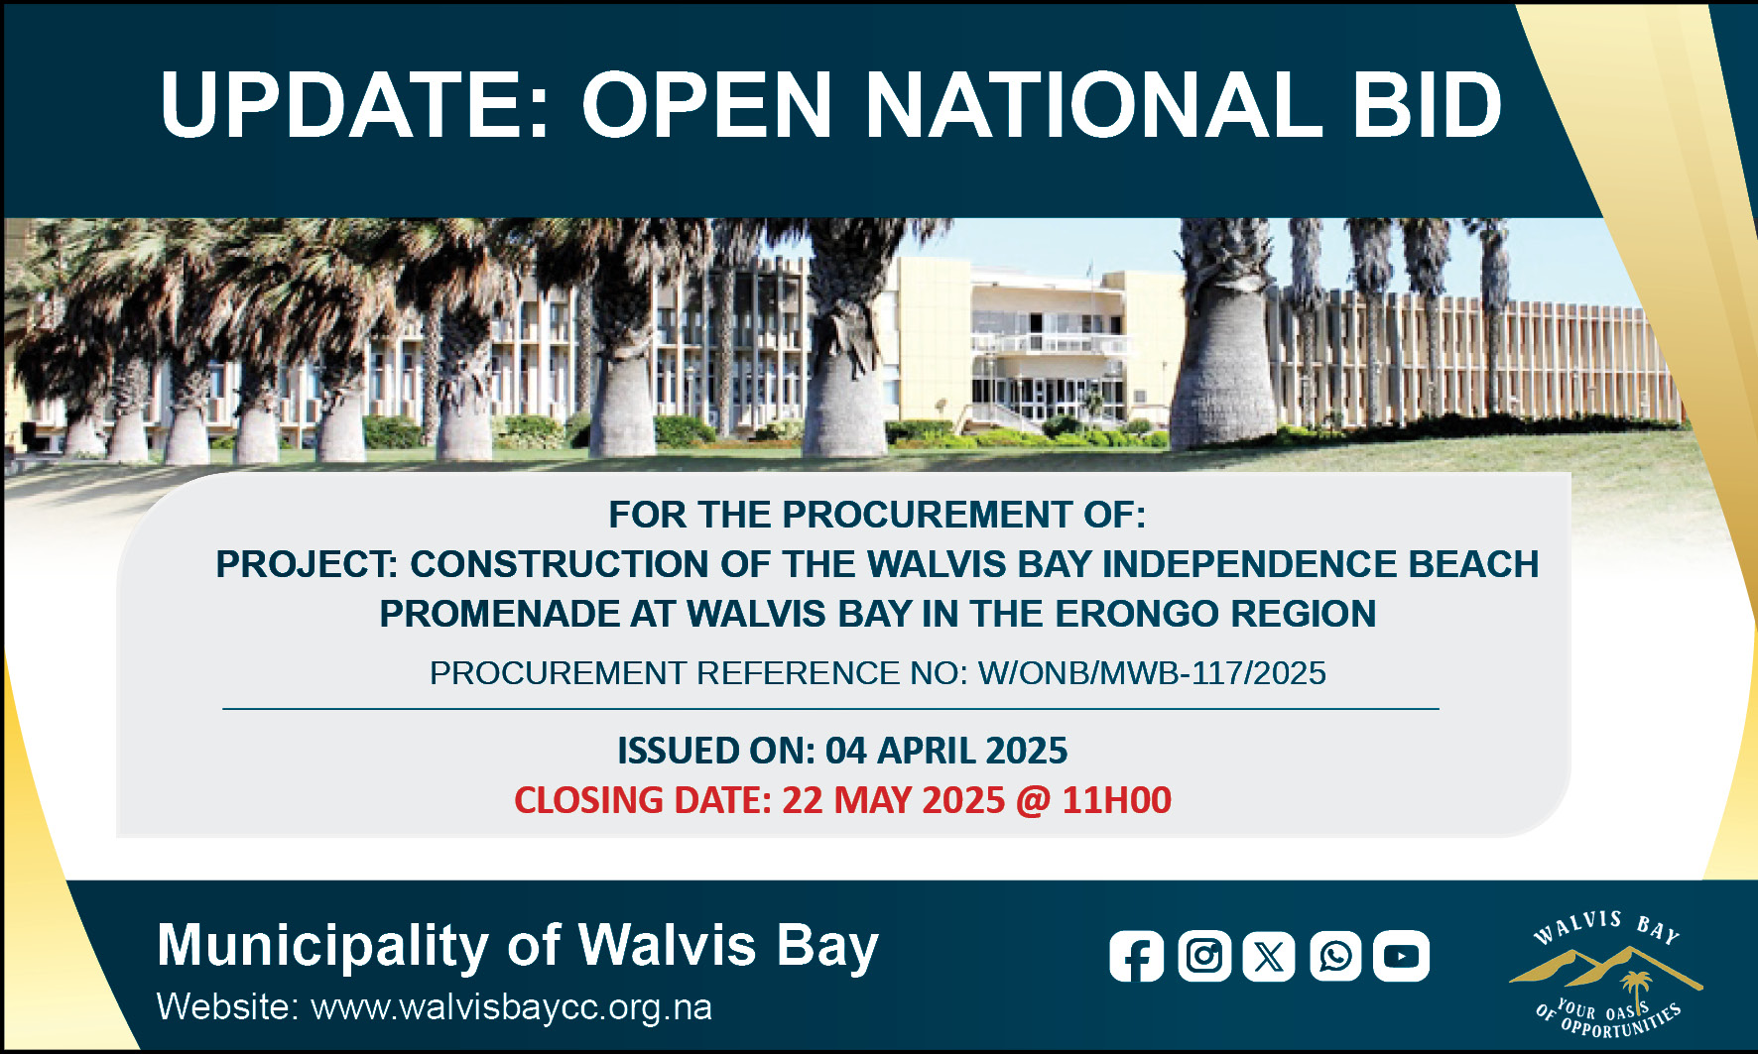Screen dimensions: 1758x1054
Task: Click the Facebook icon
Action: (x=1137, y=956)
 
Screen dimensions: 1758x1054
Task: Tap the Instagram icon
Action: (x=1204, y=956)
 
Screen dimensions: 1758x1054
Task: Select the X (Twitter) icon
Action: (x=1269, y=956)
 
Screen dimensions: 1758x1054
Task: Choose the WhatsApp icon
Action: (x=1335, y=956)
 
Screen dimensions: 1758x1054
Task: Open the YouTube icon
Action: (x=1401, y=956)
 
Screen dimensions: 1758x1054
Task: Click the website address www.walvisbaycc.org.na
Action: (x=512, y=1007)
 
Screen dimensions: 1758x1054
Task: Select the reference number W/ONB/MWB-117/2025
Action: (x=1152, y=673)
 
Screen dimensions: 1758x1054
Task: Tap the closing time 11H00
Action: (x=1117, y=800)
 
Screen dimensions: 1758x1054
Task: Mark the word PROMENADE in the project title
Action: (x=499, y=614)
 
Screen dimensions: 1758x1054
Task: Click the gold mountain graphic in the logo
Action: (x=1605, y=968)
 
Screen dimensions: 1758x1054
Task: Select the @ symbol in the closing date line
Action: (x=1034, y=801)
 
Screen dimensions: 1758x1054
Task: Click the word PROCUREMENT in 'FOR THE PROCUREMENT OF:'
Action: (x=929, y=515)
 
